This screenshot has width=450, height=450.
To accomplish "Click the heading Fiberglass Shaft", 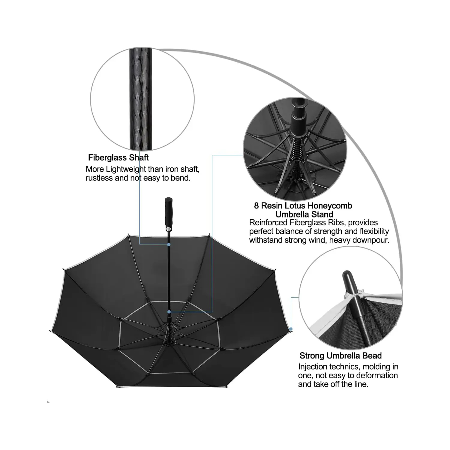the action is [x=118, y=157].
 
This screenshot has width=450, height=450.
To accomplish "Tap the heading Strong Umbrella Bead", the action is [x=340, y=356].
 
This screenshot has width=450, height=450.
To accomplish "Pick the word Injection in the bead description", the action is [x=313, y=367].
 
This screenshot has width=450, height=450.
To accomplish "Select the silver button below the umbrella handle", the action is [x=169, y=229].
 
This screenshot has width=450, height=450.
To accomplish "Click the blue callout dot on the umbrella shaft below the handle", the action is [x=169, y=244].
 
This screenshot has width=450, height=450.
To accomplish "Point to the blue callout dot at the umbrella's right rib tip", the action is [x=291, y=329].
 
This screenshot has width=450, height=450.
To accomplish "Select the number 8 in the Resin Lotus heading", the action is [x=256, y=206].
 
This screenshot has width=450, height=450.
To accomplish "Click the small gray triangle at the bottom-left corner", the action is [x=48, y=402].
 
